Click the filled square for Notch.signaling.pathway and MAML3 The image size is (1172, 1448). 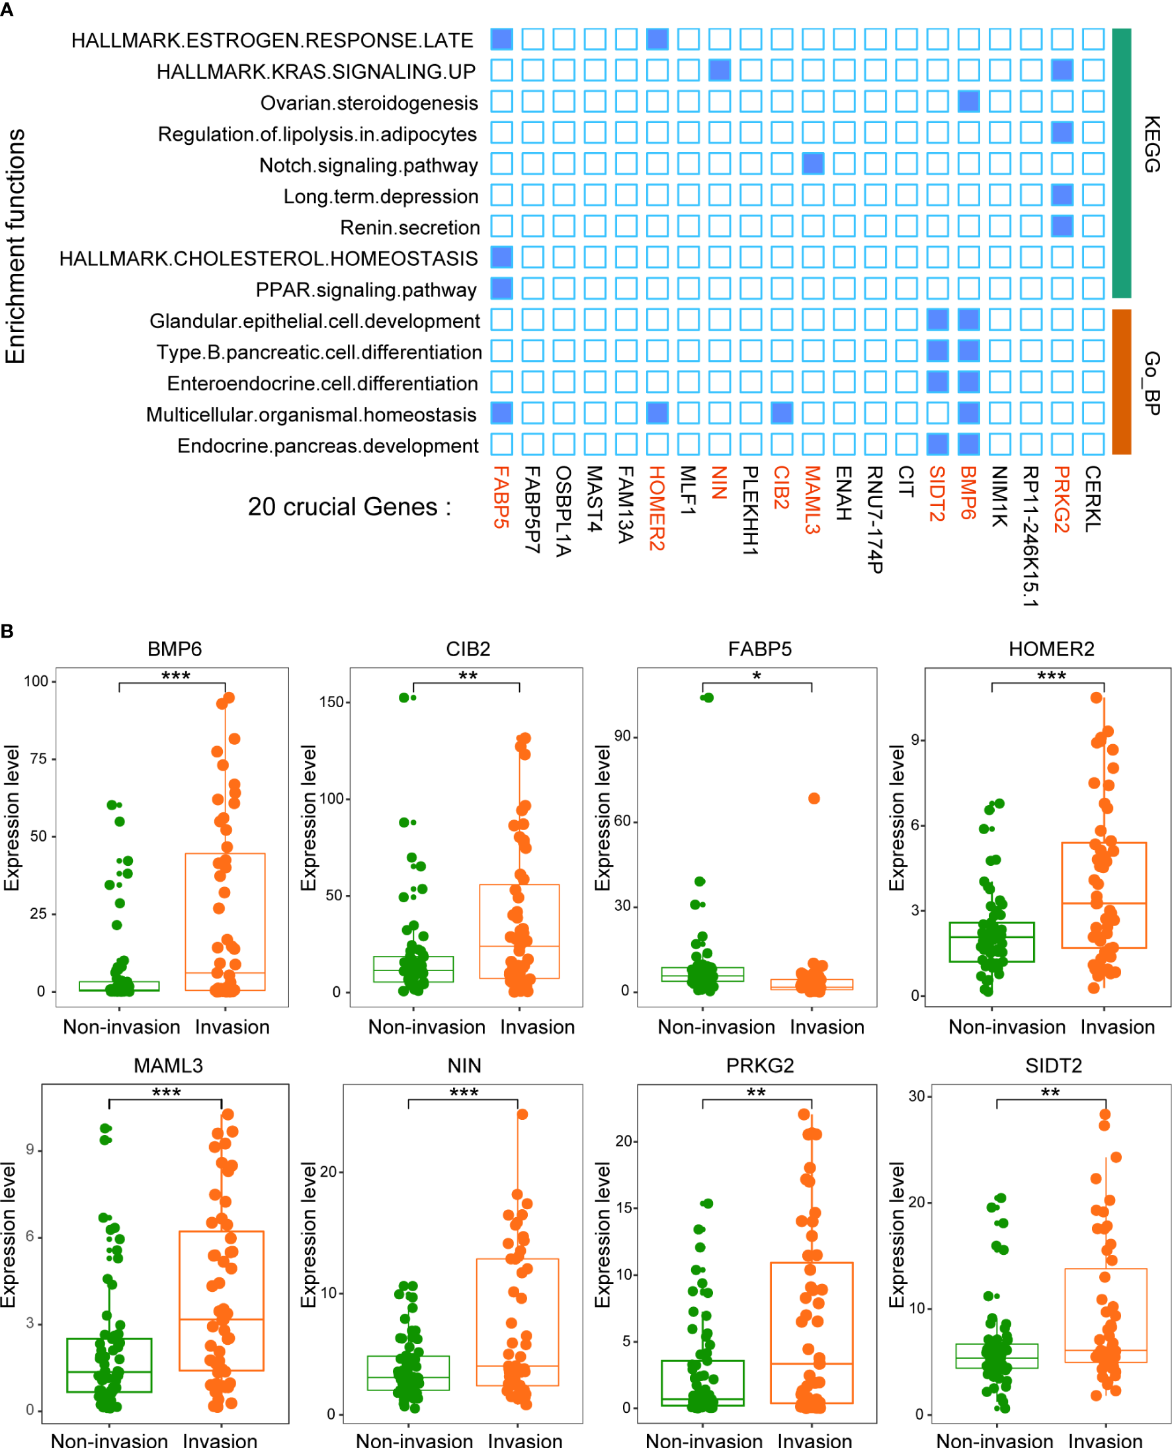coord(813,163)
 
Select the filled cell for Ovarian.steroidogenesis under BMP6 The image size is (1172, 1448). coord(968,101)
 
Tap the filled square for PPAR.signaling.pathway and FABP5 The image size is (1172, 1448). coord(501,288)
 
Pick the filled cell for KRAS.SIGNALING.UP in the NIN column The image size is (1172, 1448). coord(719,70)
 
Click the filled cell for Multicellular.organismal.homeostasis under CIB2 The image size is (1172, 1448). coord(781,413)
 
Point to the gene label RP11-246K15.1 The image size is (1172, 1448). coord(1030,536)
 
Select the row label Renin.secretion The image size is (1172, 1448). coord(410,228)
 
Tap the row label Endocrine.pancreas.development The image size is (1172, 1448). coord(327,446)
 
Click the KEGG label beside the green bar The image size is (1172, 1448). coord(1151,144)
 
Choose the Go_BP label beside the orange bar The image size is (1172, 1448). coord(1151,383)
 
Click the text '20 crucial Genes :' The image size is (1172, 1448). coord(349,507)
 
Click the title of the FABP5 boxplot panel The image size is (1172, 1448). coord(759,649)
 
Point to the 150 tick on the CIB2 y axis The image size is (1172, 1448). coord(331,702)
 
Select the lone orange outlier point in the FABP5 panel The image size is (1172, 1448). coord(814,798)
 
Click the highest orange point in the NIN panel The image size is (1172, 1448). coord(522,1115)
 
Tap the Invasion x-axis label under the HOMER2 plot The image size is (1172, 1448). coord(1117,1027)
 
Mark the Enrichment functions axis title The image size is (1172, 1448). coord(15,246)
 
